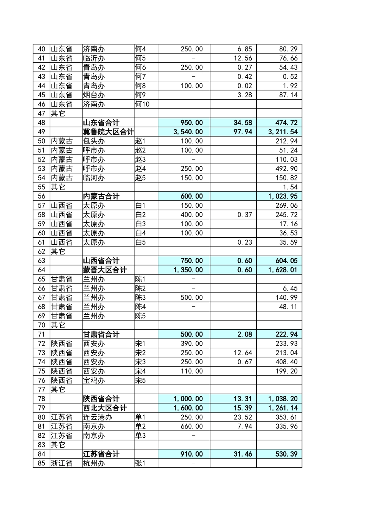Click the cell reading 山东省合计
101,123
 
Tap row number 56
41,196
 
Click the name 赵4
141,168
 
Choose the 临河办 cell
94,178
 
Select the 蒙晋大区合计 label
105,270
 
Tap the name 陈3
141,297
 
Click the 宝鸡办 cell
94,380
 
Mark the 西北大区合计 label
105,408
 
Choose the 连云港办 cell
98,417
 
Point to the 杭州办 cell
94,464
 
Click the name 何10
142,104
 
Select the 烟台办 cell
94,95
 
